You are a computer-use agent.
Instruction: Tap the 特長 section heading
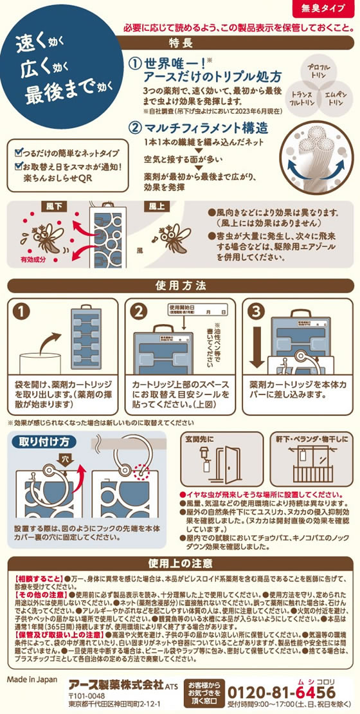coord(180,44)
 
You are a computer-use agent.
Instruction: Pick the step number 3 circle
coord(256,311)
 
